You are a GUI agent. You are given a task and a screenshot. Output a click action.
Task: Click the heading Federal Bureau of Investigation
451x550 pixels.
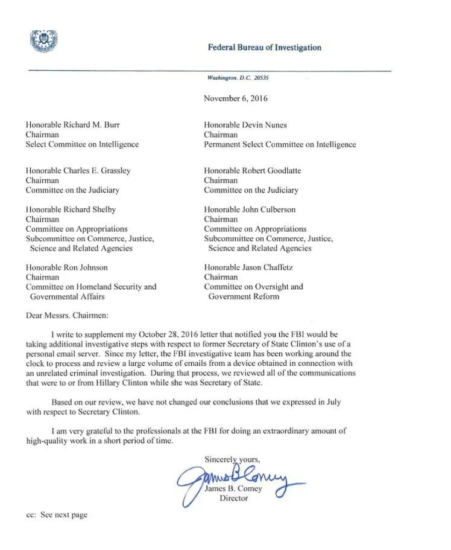pyautogui.click(x=264, y=48)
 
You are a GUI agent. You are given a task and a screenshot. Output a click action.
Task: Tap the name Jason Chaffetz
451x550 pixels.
pyautogui.click(x=269, y=267)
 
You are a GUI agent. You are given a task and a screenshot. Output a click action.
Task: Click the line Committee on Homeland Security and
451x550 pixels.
pyautogui.click(x=90, y=287)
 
